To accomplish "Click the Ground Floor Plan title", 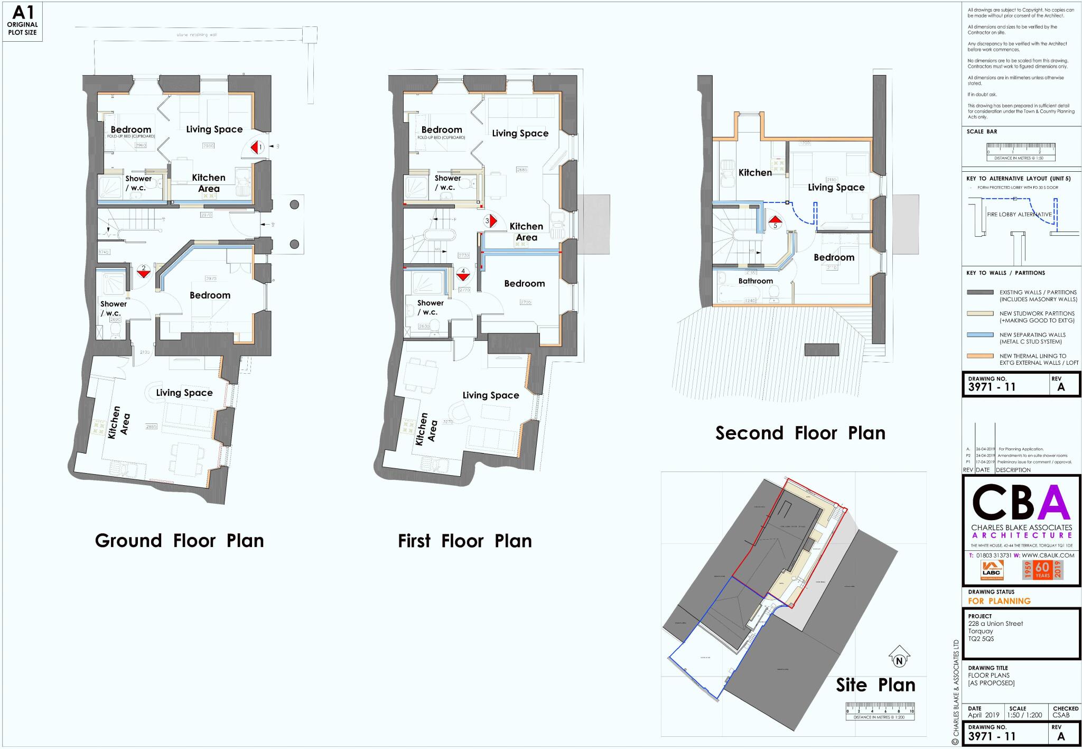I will (x=179, y=541).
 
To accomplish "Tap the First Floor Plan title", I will (x=464, y=541).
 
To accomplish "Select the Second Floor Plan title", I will (x=800, y=433).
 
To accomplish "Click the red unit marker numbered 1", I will (x=258, y=147).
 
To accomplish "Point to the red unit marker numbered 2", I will (x=143, y=271).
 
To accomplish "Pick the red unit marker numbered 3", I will (x=490, y=221).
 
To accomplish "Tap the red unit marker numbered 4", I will (x=463, y=273).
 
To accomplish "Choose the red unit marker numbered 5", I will (x=775, y=221).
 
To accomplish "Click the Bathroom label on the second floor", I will (x=755, y=281).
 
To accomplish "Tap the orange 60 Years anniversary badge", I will (x=1042, y=570).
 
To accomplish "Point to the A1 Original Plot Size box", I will (x=22, y=22).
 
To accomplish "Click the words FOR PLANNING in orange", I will (x=999, y=601).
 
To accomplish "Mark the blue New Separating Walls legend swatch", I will (x=980, y=335).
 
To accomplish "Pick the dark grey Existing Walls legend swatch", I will (x=980, y=292).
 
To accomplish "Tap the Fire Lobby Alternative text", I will (x=1019, y=215).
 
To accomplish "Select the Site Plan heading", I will (x=875, y=685).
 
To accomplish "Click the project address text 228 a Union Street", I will (x=995, y=624).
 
